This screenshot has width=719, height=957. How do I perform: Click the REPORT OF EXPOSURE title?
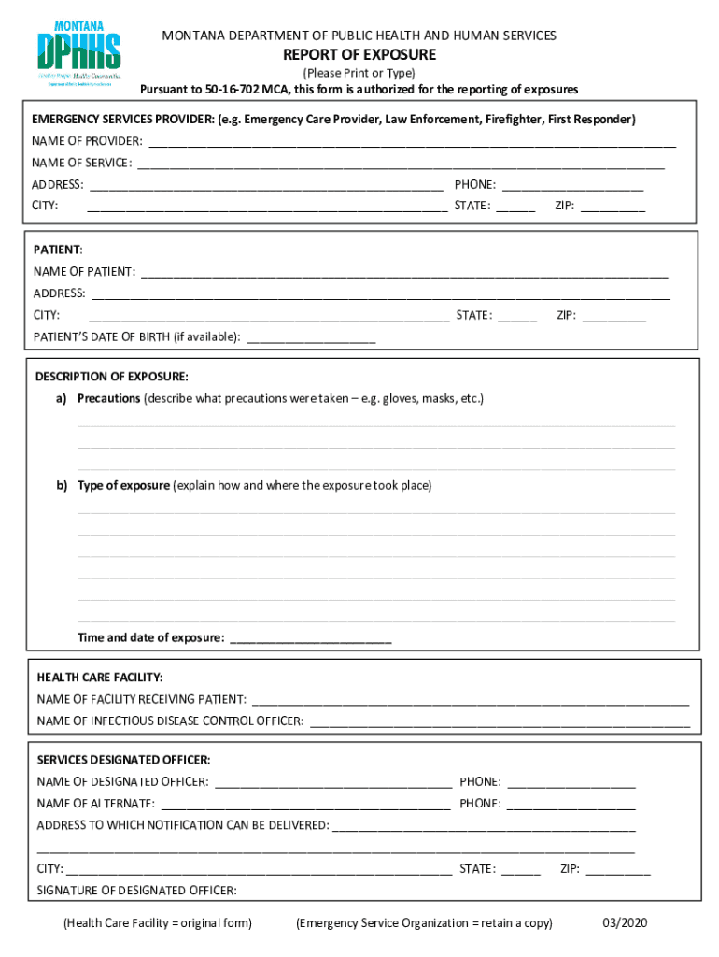(x=359, y=55)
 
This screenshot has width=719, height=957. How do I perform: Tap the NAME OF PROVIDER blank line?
(x=412, y=143)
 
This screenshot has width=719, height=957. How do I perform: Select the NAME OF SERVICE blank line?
(x=401, y=164)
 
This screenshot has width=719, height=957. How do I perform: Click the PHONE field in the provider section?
(x=572, y=186)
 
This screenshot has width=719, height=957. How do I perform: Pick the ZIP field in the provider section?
(x=613, y=207)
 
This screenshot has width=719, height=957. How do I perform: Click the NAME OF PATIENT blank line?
(x=404, y=273)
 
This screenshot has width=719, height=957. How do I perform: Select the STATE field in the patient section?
(x=517, y=317)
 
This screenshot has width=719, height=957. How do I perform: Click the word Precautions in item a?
(x=108, y=399)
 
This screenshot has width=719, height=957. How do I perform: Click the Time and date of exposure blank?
(x=310, y=639)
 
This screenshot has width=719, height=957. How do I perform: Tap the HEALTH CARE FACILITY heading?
(x=100, y=678)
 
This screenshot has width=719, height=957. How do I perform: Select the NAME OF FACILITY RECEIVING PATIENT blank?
(x=471, y=700)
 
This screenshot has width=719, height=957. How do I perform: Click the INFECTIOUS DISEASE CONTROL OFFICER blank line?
(x=500, y=722)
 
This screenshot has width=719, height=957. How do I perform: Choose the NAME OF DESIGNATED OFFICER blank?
(x=333, y=783)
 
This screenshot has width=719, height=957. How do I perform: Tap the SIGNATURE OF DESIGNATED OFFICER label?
(x=136, y=891)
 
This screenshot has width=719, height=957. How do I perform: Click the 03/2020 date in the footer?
(x=625, y=923)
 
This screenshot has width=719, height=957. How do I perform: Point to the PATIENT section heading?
(x=58, y=250)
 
